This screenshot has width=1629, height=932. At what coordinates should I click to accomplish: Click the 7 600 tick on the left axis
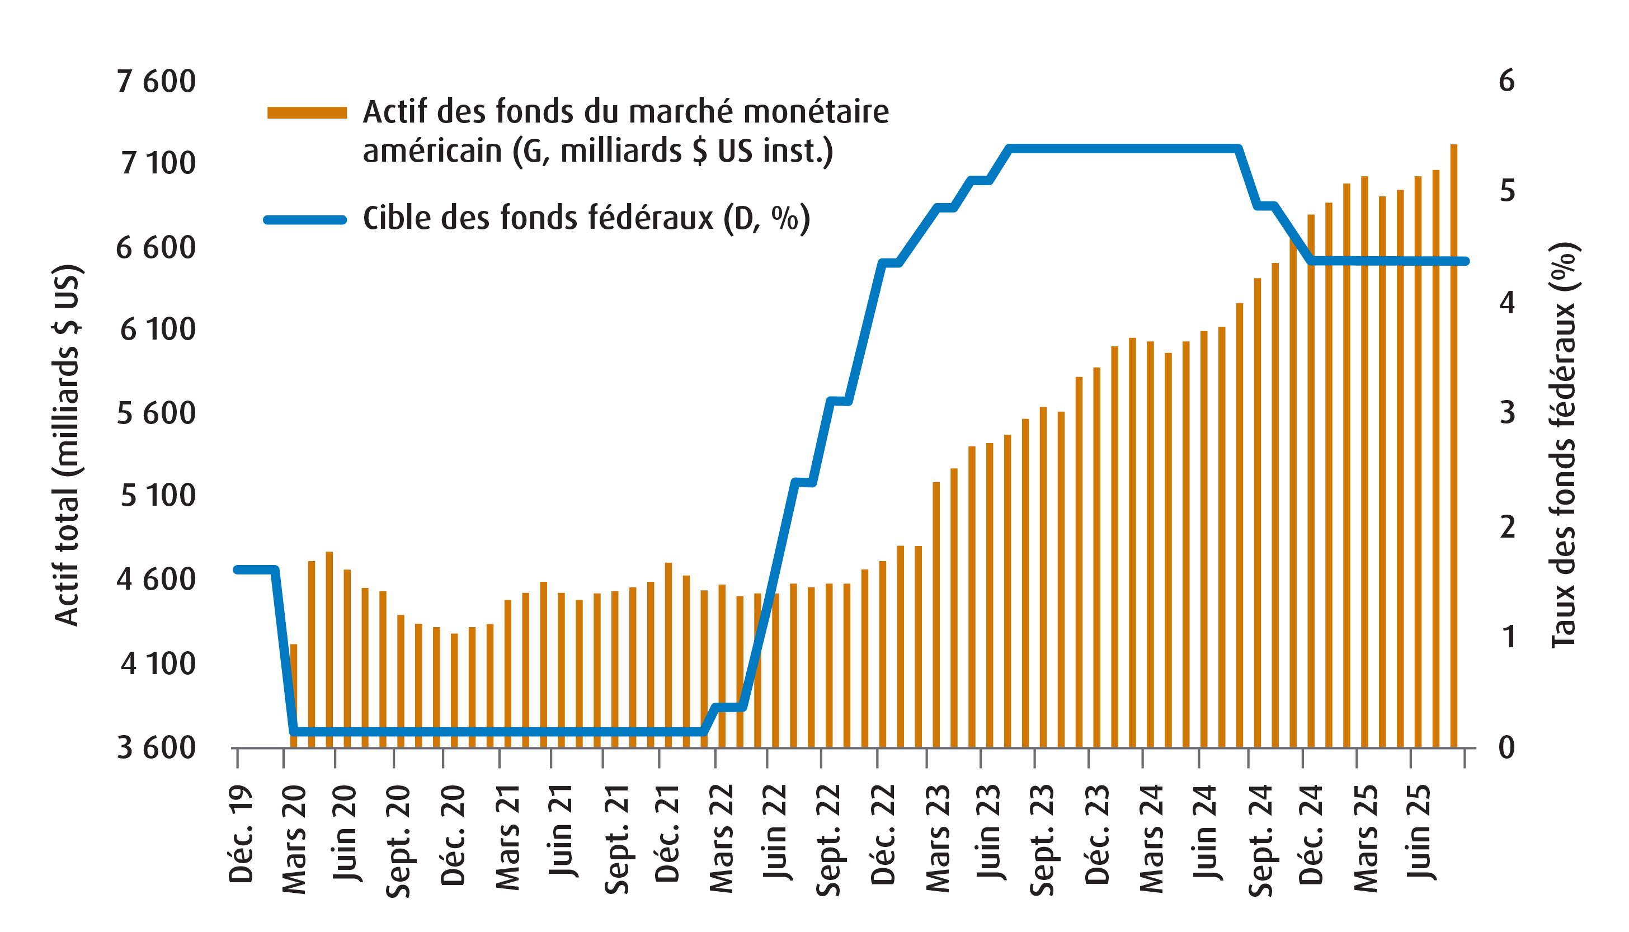point(156,82)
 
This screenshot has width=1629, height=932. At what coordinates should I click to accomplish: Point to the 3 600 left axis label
point(156,747)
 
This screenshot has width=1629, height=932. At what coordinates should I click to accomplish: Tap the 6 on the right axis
point(1506,81)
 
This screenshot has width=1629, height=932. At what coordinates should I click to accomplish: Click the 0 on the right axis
point(1506,747)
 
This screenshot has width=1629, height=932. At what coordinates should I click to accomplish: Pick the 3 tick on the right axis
point(1506,413)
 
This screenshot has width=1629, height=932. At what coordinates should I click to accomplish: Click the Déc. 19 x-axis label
point(241,835)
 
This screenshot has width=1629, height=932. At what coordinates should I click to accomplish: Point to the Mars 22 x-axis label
point(722,838)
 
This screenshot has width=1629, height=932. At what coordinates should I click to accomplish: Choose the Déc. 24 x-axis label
point(1311,835)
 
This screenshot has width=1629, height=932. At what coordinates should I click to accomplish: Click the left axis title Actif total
point(67,445)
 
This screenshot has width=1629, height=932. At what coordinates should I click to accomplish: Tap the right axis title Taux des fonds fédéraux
point(1563,445)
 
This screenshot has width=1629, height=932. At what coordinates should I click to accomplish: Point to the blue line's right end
point(1466,261)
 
